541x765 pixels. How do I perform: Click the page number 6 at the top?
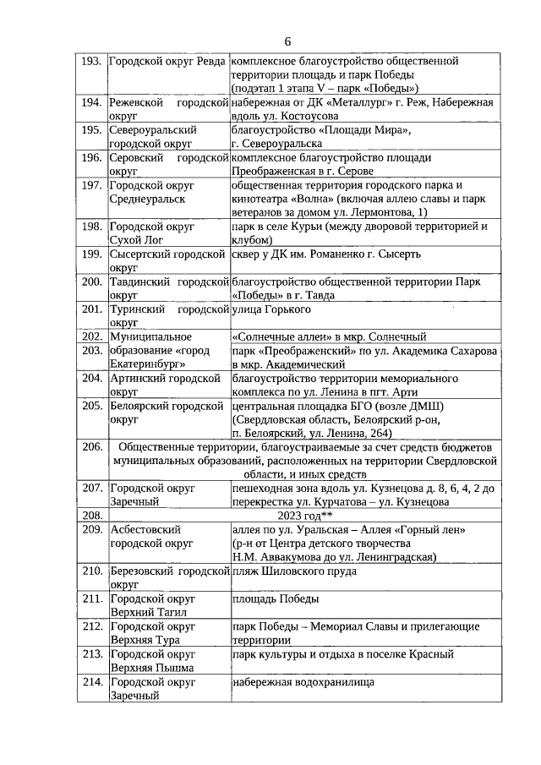pos(287,41)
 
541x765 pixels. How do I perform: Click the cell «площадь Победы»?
pos(275,599)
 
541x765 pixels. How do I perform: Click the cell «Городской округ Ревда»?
pos(167,62)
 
